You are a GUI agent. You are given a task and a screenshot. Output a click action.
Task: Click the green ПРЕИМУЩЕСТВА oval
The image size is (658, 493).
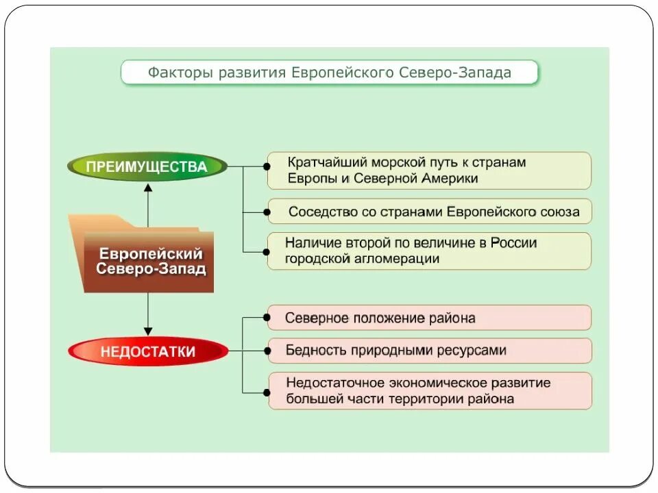147,166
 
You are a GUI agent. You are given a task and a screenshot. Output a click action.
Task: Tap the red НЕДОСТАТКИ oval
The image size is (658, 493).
148,352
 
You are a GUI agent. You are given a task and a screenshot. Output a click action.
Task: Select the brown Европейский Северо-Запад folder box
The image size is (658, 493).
150,261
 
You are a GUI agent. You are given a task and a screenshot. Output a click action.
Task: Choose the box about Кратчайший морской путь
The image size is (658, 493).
429,170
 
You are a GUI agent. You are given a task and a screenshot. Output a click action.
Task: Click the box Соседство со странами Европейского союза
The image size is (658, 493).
429,212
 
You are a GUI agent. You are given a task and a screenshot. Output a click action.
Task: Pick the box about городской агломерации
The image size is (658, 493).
429,251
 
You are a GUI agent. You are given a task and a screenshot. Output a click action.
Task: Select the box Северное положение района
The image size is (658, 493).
429,318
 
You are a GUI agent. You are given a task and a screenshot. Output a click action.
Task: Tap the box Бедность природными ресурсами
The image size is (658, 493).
429,351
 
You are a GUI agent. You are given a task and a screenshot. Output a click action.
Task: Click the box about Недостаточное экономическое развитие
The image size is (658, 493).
429,391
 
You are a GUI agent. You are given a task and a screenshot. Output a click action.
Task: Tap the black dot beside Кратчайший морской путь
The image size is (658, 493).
266,166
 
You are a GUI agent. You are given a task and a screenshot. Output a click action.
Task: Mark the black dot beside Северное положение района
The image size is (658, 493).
266,318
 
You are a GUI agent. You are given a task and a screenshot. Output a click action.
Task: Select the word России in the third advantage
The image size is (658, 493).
513,243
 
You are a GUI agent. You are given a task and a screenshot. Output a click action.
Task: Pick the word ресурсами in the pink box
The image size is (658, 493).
472,351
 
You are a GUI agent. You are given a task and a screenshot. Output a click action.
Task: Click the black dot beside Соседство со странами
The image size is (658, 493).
266,212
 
